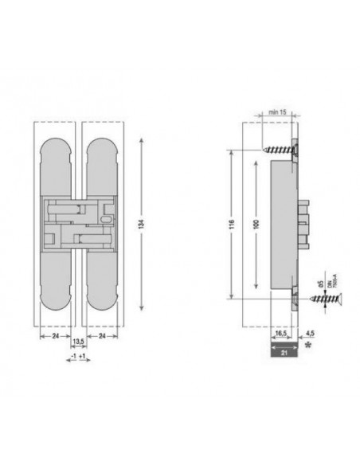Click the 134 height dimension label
[142, 225]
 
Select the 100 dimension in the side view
[255, 225]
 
